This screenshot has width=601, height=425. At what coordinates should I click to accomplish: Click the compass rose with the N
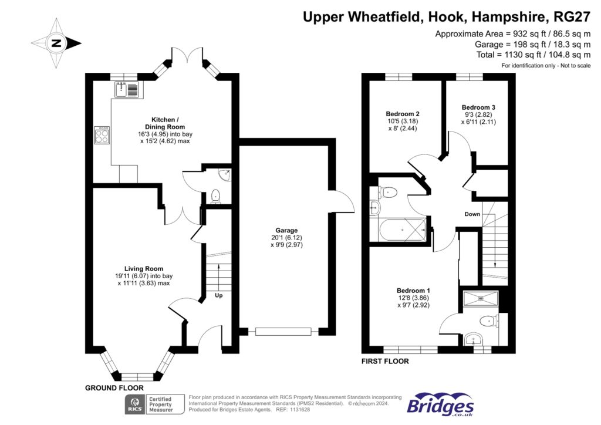[x=56, y=43]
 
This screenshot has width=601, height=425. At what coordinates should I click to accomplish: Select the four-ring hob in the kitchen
[x=102, y=136]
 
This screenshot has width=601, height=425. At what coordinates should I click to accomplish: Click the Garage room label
[x=288, y=230]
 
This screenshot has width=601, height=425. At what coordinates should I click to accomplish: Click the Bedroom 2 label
[x=401, y=114]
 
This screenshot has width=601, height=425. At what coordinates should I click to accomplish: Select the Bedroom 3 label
[x=478, y=107]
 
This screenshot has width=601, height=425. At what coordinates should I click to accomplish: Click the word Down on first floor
[x=472, y=214]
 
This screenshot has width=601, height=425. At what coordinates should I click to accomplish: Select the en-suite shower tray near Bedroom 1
[x=481, y=299]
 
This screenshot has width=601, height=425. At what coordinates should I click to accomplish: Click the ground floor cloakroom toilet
[x=215, y=195]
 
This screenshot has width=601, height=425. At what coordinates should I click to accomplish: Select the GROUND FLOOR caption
[x=114, y=388]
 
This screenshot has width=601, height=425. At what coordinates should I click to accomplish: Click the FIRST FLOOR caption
[x=385, y=362]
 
